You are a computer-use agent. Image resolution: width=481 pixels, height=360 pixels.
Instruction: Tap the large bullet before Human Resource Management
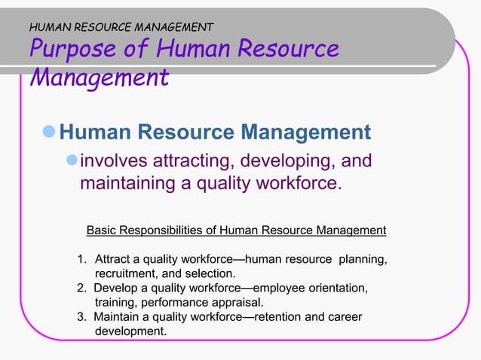click(50, 133)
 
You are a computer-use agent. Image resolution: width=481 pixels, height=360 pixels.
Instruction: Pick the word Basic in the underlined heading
click(103, 230)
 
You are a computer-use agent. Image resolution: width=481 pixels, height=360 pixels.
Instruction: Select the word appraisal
click(238, 303)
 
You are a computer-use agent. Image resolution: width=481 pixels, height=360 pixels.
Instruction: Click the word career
click(345, 317)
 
